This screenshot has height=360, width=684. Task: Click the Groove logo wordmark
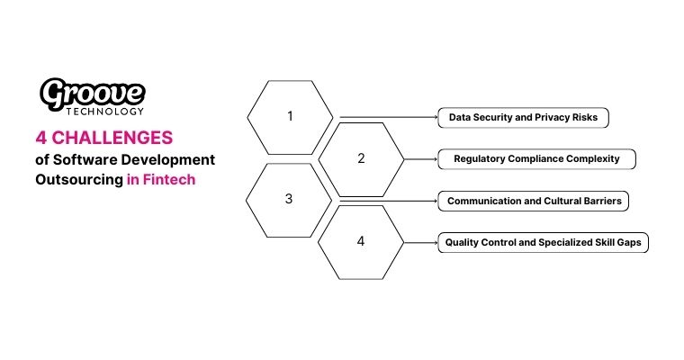pyautogui.click(x=93, y=93)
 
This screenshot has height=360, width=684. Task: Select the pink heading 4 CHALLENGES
pyautogui.click(x=103, y=138)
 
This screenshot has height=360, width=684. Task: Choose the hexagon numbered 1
pyautogui.click(x=289, y=116)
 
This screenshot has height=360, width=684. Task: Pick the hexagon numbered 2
pyautogui.click(x=361, y=158)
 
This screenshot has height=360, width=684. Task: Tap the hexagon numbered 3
pyautogui.click(x=289, y=200)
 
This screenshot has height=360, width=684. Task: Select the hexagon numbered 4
pyautogui.click(x=361, y=242)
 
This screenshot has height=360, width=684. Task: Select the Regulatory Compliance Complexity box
pyautogui.click(x=536, y=159)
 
